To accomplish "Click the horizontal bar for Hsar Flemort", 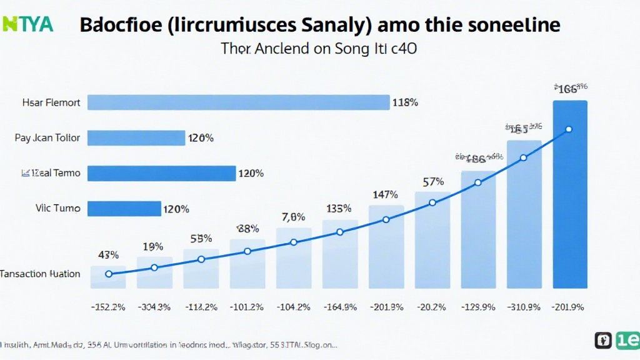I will click(x=238, y=102).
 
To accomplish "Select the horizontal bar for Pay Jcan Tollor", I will click(x=136, y=137).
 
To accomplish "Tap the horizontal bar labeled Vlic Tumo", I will click(x=124, y=209).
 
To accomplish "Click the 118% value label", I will click(x=404, y=102).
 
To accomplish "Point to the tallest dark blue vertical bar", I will click(x=570, y=194).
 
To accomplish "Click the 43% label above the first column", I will click(x=108, y=254).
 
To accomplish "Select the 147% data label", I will click(x=385, y=195).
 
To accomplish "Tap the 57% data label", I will click(x=432, y=182).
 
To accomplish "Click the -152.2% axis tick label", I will click(x=108, y=306).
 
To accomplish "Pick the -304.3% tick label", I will click(x=154, y=306).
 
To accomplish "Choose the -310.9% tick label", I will click(x=524, y=306).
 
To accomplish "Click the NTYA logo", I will click(x=27, y=24).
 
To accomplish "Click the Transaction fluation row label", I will click(x=40, y=274).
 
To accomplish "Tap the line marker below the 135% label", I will click(x=340, y=232).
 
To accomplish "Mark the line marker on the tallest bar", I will click(x=569, y=129).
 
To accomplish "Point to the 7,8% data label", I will click(x=293, y=217).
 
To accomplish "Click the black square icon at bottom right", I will click(x=604, y=341).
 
